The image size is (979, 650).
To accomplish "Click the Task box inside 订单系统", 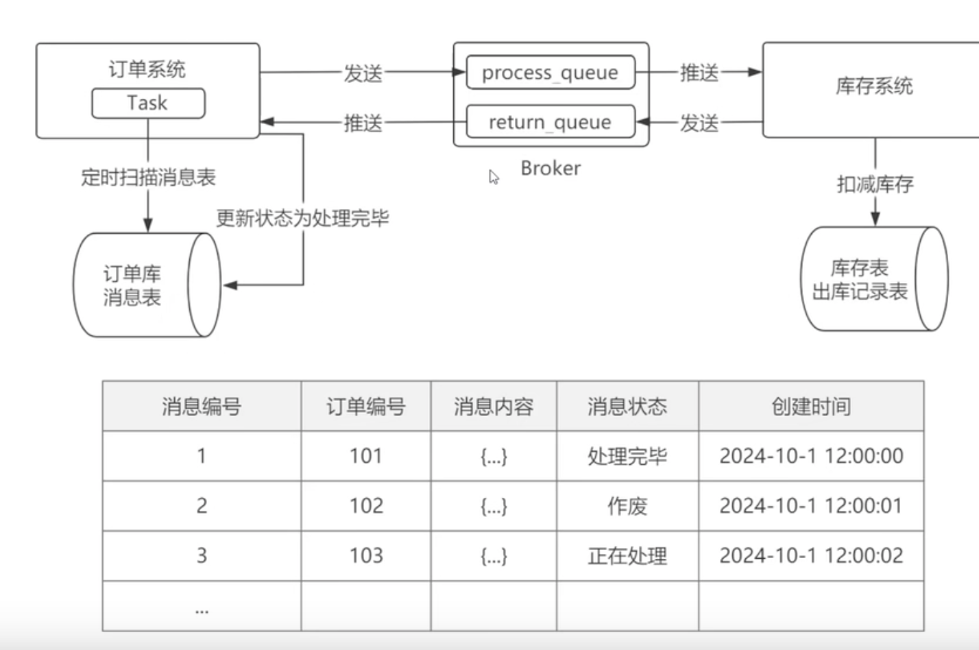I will (x=147, y=103).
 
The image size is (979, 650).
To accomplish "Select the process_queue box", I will (x=550, y=73).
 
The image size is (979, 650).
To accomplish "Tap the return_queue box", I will (x=550, y=122).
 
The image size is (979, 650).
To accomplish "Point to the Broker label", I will (x=551, y=168).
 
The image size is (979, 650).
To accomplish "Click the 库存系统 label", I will (x=874, y=86).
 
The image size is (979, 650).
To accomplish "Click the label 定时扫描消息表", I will (x=148, y=178).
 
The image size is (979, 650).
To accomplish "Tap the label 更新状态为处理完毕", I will (x=302, y=218).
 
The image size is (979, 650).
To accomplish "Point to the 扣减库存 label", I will (x=875, y=184).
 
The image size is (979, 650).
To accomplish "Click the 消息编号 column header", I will (x=202, y=407).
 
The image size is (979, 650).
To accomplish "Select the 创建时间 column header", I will (x=811, y=407).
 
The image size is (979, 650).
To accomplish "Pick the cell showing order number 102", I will (x=366, y=506).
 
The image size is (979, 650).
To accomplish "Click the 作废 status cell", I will (x=627, y=506).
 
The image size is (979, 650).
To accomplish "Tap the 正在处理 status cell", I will (x=627, y=556).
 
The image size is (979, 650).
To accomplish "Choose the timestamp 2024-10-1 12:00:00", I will (x=811, y=456).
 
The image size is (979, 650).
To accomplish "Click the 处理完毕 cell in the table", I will (x=627, y=456).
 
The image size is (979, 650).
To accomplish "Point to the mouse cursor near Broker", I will (x=494, y=177).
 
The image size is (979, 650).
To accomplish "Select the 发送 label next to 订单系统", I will (x=363, y=73).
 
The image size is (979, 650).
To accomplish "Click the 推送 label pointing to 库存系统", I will (x=699, y=73).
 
